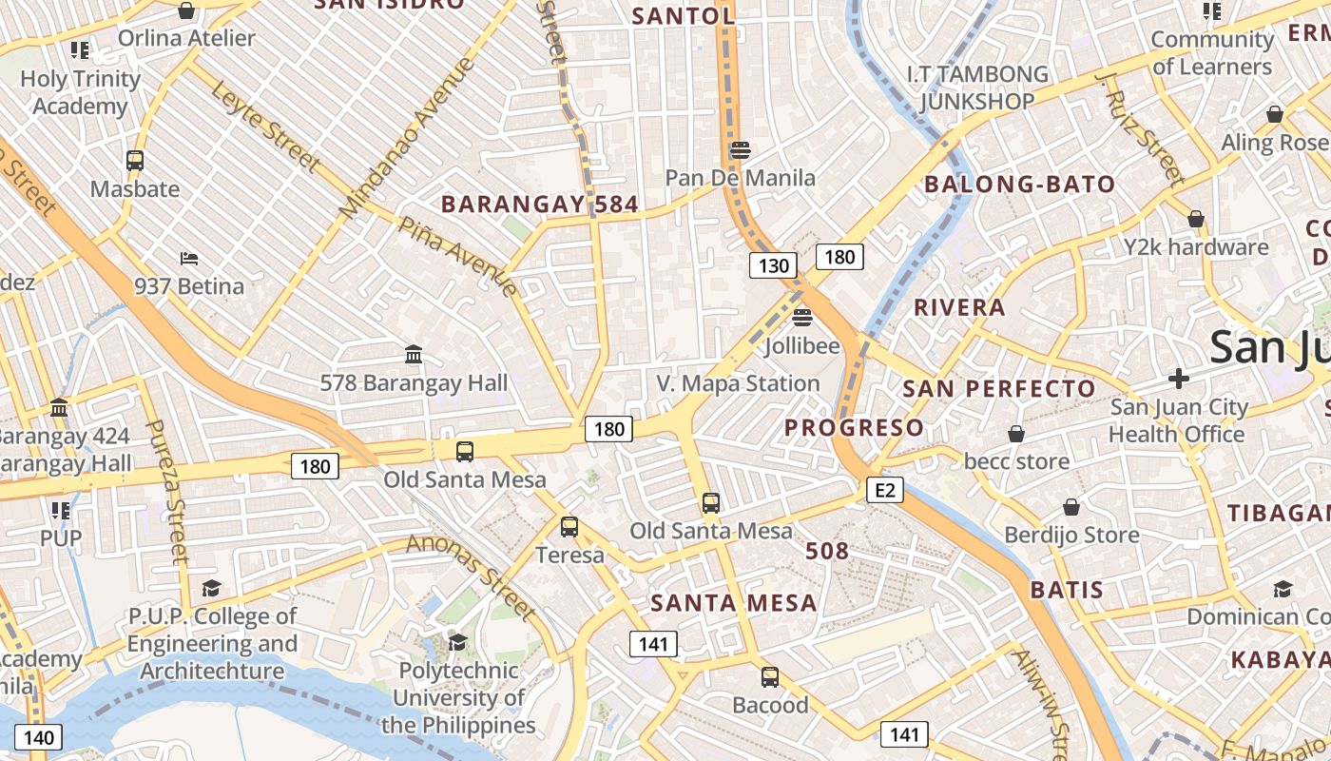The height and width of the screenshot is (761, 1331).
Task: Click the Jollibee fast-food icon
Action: click(x=802, y=317)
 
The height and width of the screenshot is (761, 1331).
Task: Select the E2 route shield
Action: click(x=884, y=490)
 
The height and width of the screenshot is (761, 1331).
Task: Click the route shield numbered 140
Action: click(x=38, y=737)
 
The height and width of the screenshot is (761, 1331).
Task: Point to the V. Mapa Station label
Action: click(x=738, y=383)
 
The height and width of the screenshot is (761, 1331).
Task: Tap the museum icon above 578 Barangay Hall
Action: click(x=414, y=355)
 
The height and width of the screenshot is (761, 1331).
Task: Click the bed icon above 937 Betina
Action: click(x=189, y=258)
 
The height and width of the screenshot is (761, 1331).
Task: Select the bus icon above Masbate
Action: click(x=135, y=160)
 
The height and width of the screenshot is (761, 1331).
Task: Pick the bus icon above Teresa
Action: click(x=569, y=526)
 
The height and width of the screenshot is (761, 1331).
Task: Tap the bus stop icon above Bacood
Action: click(x=770, y=677)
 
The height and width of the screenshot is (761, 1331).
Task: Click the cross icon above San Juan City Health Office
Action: click(x=1178, y=379)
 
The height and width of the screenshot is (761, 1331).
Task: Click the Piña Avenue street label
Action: click(x=458, y=256)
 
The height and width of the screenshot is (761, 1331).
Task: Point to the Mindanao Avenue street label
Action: click(x=406, y=137)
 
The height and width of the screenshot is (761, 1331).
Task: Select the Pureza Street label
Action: click(x=167, y=490)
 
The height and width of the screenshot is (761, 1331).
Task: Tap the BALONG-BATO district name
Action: click(x=1020, y=185)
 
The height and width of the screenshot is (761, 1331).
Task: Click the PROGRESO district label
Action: click(x=854, y=428)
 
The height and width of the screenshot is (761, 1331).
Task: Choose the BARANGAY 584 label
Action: click(x=539, y=205)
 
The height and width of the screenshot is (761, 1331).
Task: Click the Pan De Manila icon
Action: click(x=741, y=149)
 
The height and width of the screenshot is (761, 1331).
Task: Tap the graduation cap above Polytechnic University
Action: click(x=458, y=641)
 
